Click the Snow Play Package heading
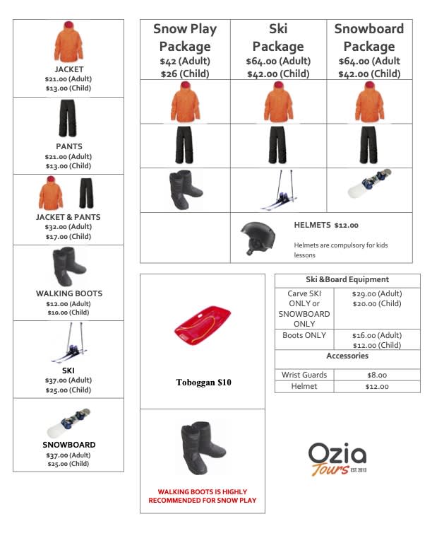[x=185, y=37]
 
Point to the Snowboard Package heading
[x=368, y=37]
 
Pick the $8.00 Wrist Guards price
[x=376, y=375]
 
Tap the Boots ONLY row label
[x=304, y=335]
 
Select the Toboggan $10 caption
[x=203, y=383]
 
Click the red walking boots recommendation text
[x=202, y=496]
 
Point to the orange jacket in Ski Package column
[x=278, y=102]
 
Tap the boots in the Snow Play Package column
[x=185, y=189]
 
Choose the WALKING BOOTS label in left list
[x=68, y=293]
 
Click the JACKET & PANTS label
[x=68, y=217]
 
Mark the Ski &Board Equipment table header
[x=347, y=279]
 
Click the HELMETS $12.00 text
[x=326, y=225]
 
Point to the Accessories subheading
[x=347, y=356]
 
